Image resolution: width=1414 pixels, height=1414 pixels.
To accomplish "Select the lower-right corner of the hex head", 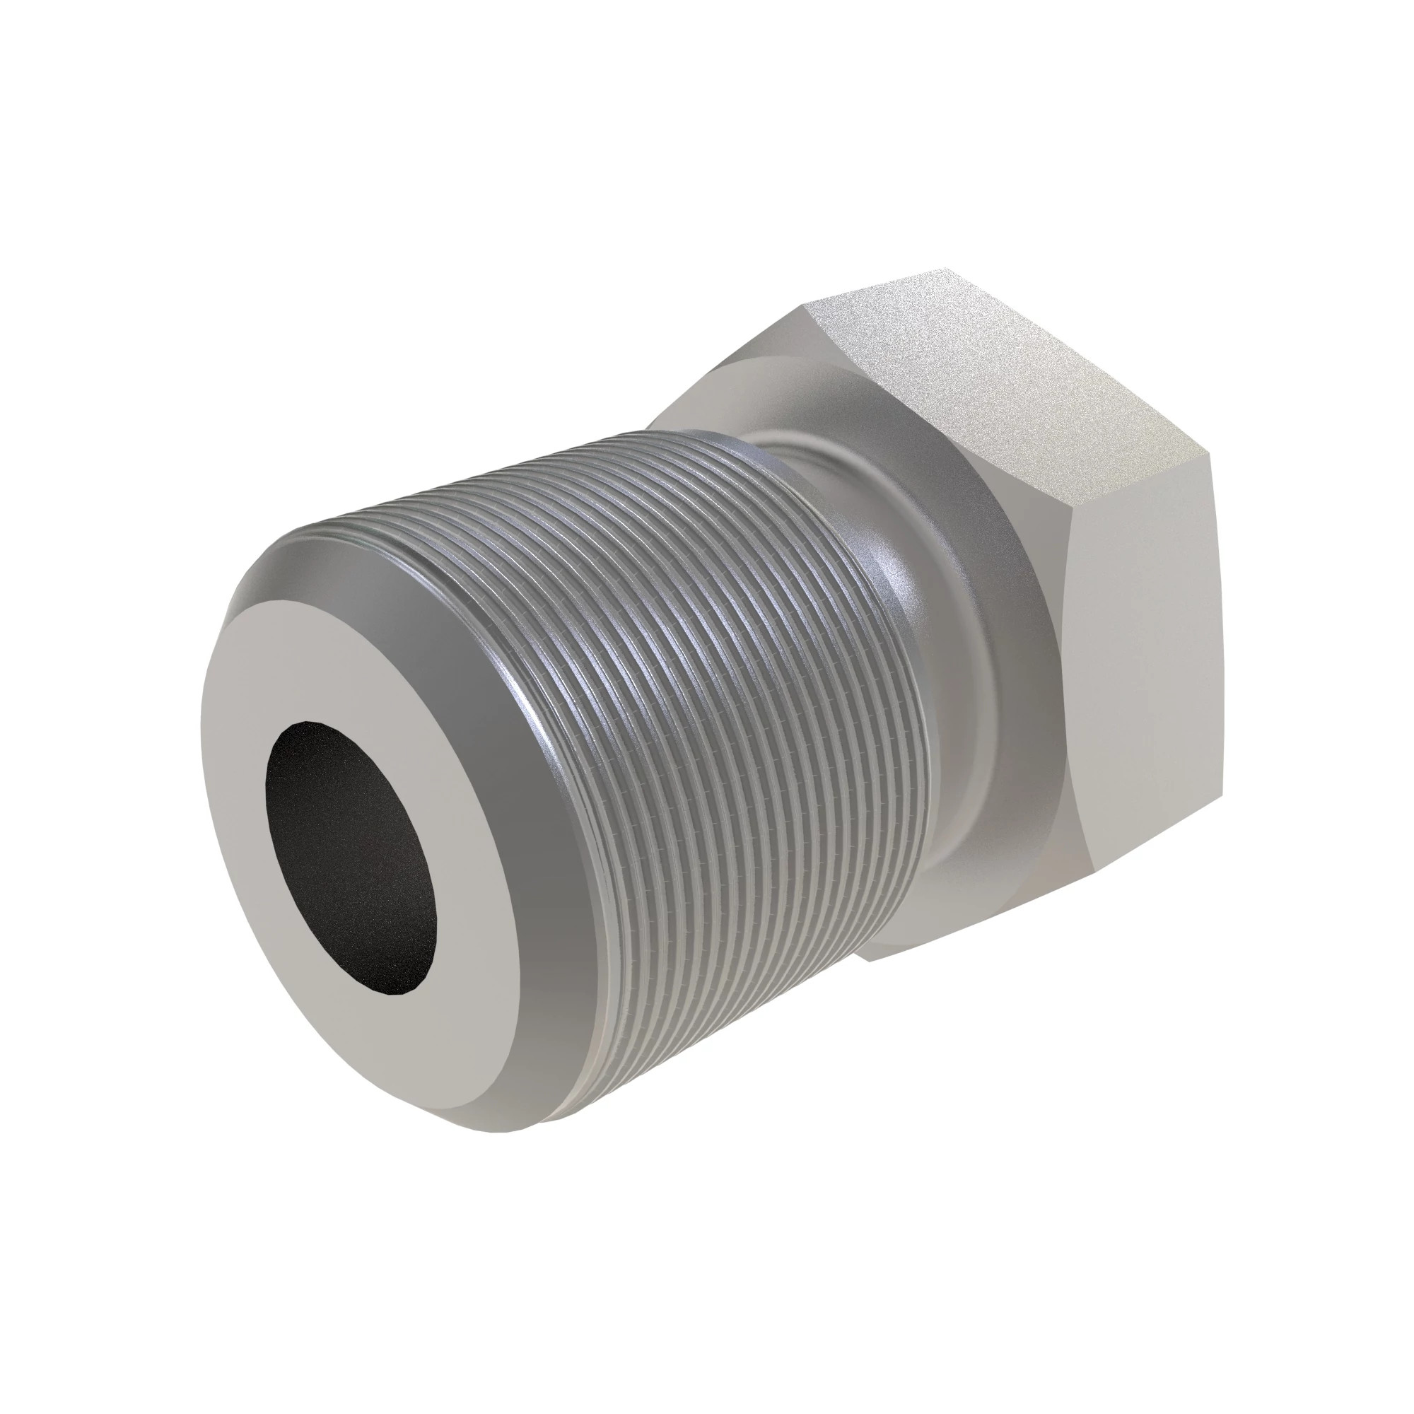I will tap(1221, 794).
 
